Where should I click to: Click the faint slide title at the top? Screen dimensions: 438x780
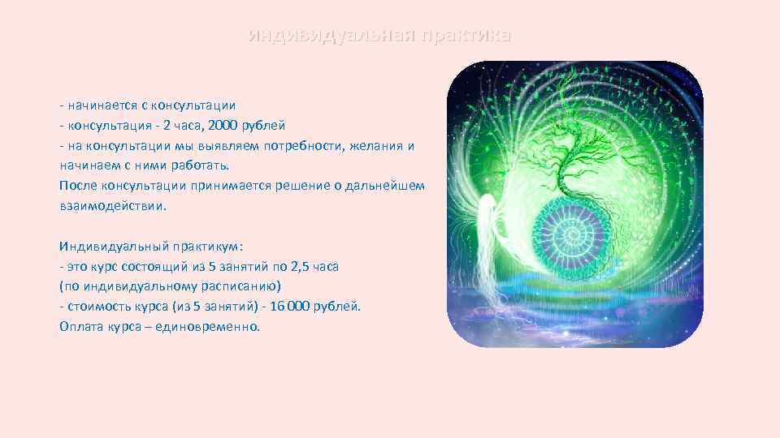click(379, 36)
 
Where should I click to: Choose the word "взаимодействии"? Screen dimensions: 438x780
click(111, 206)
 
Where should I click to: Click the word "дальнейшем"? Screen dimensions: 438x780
click(384, 186)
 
